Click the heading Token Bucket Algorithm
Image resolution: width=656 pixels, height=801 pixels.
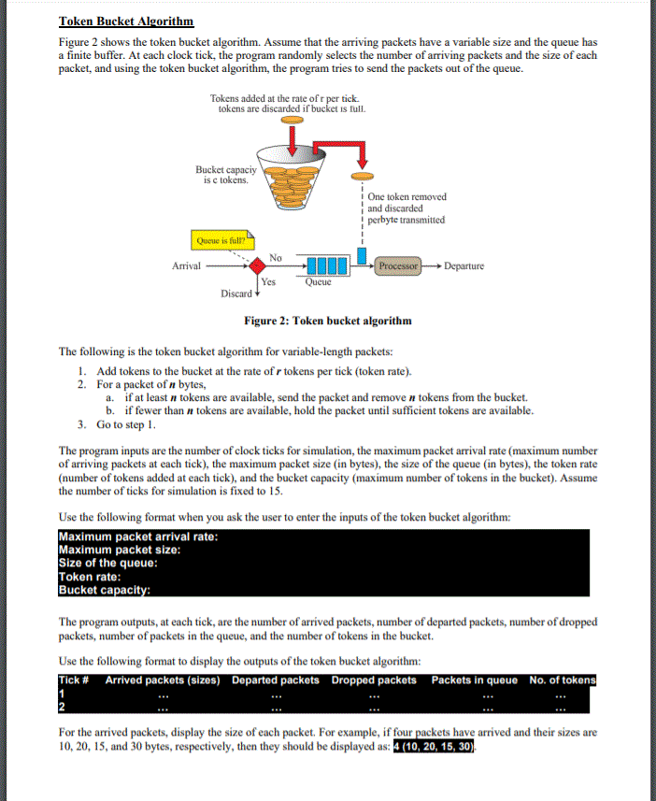126,21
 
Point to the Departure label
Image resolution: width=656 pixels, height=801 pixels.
463,266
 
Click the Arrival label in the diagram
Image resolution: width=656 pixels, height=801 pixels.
187,266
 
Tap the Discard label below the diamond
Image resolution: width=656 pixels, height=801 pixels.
235,293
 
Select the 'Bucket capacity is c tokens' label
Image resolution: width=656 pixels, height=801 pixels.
222,175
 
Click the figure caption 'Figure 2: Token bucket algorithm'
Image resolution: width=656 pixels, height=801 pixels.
327,321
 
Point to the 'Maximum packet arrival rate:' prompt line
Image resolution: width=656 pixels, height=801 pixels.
138,536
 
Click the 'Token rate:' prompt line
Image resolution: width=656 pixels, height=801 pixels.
93,577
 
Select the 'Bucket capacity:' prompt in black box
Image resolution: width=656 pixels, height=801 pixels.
105,590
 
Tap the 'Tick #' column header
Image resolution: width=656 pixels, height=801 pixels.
74,679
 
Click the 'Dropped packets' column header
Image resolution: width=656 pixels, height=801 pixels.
374,679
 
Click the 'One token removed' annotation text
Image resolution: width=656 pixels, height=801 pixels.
406,196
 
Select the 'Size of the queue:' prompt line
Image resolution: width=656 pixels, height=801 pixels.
107,563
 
